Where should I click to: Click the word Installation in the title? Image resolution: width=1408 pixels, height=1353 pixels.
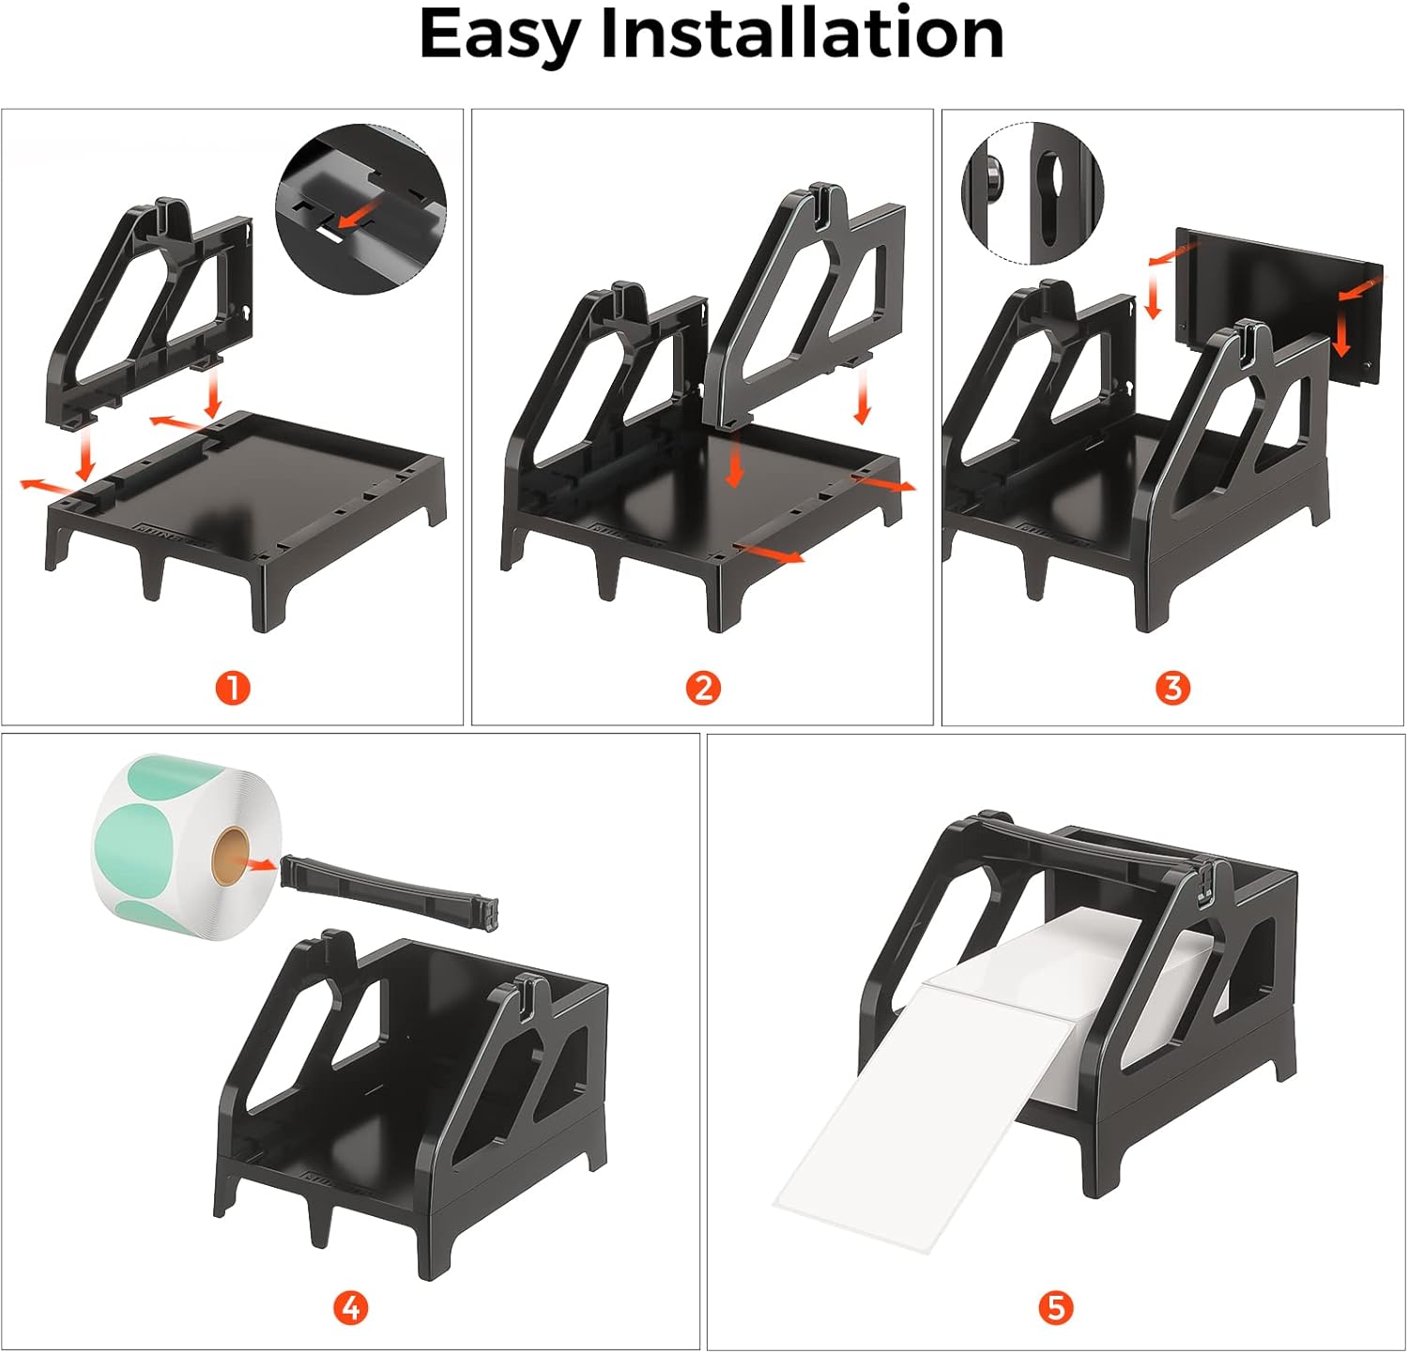(802, 34)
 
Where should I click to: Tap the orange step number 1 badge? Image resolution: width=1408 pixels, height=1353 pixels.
(233, 689)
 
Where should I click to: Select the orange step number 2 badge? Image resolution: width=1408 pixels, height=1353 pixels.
(703, 689)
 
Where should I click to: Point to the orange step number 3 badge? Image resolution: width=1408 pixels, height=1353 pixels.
(1172, 689)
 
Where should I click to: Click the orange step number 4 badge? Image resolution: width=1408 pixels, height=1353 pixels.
(351, 1307)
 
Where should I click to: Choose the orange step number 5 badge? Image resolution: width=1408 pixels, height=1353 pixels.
(1056, 1307)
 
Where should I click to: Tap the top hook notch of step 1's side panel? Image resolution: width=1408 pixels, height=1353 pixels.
(169, 211)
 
